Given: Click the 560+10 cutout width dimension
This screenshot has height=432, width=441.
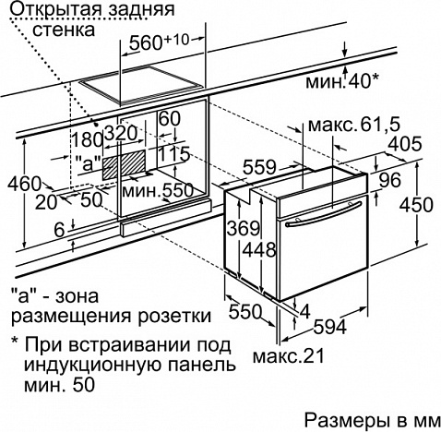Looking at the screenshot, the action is (159, 42).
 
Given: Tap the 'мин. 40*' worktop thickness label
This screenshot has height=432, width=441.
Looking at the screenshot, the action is (341, 82).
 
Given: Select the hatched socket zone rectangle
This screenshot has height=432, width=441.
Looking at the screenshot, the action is (124, 164).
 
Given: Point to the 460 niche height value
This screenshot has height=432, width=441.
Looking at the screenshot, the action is (24, 184).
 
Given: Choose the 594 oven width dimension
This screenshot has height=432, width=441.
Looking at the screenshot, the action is (329, 327).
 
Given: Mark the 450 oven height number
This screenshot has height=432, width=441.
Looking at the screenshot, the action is (416, 204).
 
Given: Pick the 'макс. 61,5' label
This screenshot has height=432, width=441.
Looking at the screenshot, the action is (354, 125).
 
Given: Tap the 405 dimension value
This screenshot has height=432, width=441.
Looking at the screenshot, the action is (405, 144).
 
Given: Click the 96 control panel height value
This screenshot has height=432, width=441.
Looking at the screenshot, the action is (389, 180).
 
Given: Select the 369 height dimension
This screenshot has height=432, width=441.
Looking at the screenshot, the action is (244, 228).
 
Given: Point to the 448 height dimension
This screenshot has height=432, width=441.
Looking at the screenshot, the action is (259, 249).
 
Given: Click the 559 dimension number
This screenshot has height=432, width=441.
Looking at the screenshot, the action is (259, 168).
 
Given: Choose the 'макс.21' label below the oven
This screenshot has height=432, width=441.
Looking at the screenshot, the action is (289, 356).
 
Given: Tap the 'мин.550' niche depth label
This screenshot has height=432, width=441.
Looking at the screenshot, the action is (158, 191).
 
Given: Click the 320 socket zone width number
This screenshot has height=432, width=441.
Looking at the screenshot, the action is (121, 133).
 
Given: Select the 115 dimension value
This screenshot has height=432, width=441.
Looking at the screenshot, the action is (174, 154).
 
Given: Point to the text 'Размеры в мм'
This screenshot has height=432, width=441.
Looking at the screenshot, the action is (373, 420).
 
